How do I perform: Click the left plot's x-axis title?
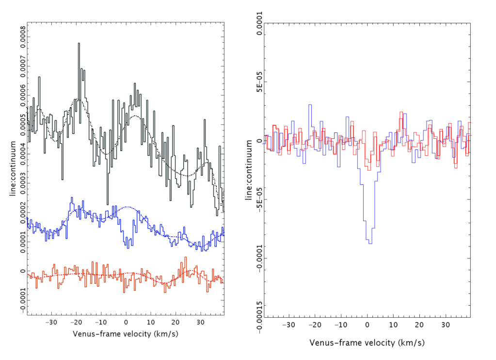126,334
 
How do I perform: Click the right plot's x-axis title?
367,343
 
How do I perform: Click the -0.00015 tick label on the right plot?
259,311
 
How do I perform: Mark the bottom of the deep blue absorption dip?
370,243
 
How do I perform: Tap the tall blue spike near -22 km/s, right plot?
310,105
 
